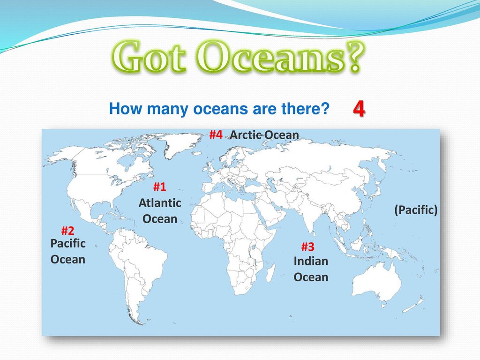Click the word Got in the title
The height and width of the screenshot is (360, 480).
click(x=149, y=57)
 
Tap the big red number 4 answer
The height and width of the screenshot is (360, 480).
click(x=359, y=109)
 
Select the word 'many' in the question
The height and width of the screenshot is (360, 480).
click(x=166, y=109)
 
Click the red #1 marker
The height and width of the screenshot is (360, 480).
click(x=159, y=187)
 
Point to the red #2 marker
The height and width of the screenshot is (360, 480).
click(x=67, y=230)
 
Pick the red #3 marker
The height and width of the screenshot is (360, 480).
click(x=307, y=247)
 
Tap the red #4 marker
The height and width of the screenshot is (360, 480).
click(x=216, y=135)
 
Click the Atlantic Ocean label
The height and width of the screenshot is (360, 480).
click(x=160, y=211)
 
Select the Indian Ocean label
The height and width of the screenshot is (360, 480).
click(x=311, y=269)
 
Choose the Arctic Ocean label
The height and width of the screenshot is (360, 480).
click(x=264, y=135)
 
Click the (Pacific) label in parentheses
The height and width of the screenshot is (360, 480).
click(x=416, y=210)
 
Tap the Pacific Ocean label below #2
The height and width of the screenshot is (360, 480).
click(x=68, y=251)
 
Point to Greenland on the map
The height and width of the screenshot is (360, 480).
click(x=180, y=142)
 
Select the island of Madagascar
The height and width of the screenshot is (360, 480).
click(x=270, y=273)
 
